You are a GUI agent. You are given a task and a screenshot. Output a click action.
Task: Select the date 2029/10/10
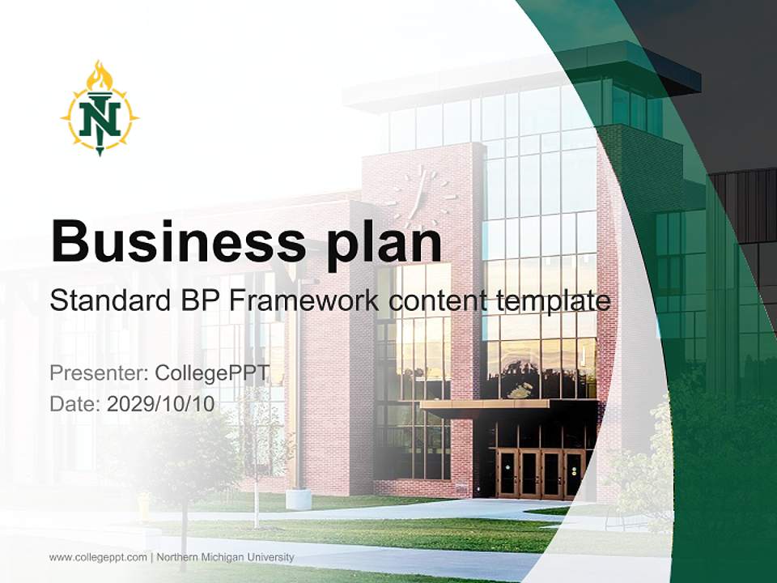[x=161, y=404]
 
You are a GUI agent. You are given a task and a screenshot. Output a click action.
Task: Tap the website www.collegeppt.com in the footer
[x=98, y=557]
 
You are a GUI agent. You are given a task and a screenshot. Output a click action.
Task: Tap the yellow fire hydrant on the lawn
[x=144, y=506]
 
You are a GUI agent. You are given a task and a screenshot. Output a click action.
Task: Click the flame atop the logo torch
[x=100, y=76]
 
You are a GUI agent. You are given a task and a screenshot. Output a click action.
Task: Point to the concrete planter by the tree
[x=298, y=498]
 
